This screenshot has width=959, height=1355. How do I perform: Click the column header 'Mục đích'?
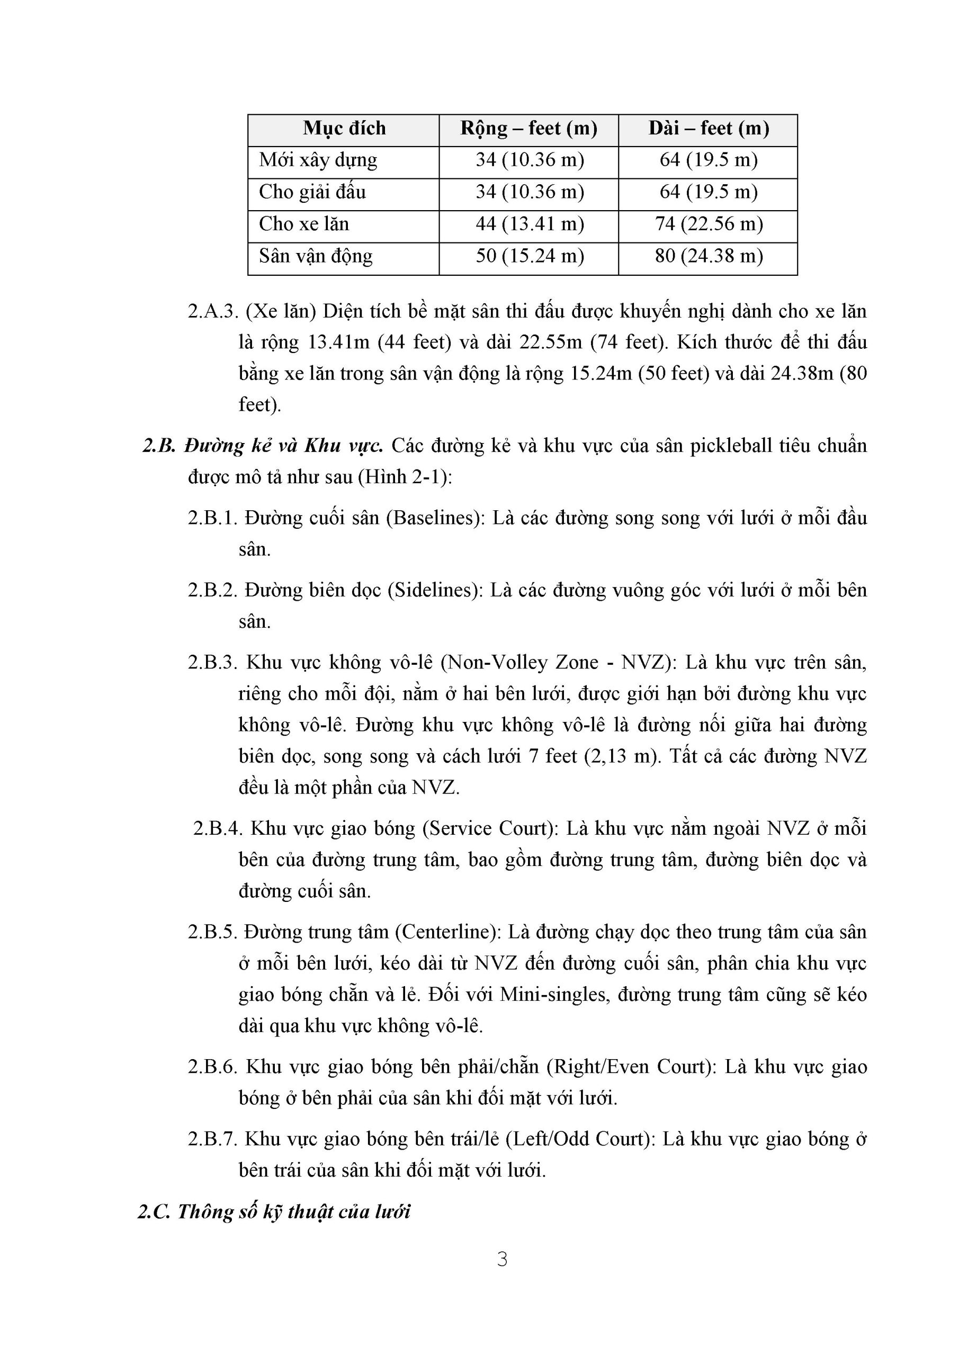coord(344,129)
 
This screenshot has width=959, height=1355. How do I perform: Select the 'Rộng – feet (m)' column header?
coord(528,129)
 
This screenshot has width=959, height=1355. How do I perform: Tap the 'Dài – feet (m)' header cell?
coord(708,129)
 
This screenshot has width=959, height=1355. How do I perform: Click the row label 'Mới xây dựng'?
coord(318,160)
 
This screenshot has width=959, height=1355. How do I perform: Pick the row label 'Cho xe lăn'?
coord(303,224)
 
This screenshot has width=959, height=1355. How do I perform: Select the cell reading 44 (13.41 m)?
coord(529,224)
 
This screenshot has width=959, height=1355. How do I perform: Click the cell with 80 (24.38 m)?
coord(708,256)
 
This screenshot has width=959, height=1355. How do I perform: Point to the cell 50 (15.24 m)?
coord(529,256)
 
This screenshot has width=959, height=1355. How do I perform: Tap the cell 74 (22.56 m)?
coord(708,224)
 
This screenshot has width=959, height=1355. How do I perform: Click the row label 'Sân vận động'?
coord(316,256)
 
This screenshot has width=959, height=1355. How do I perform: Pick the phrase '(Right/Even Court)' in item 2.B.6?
coord(631,1067)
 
